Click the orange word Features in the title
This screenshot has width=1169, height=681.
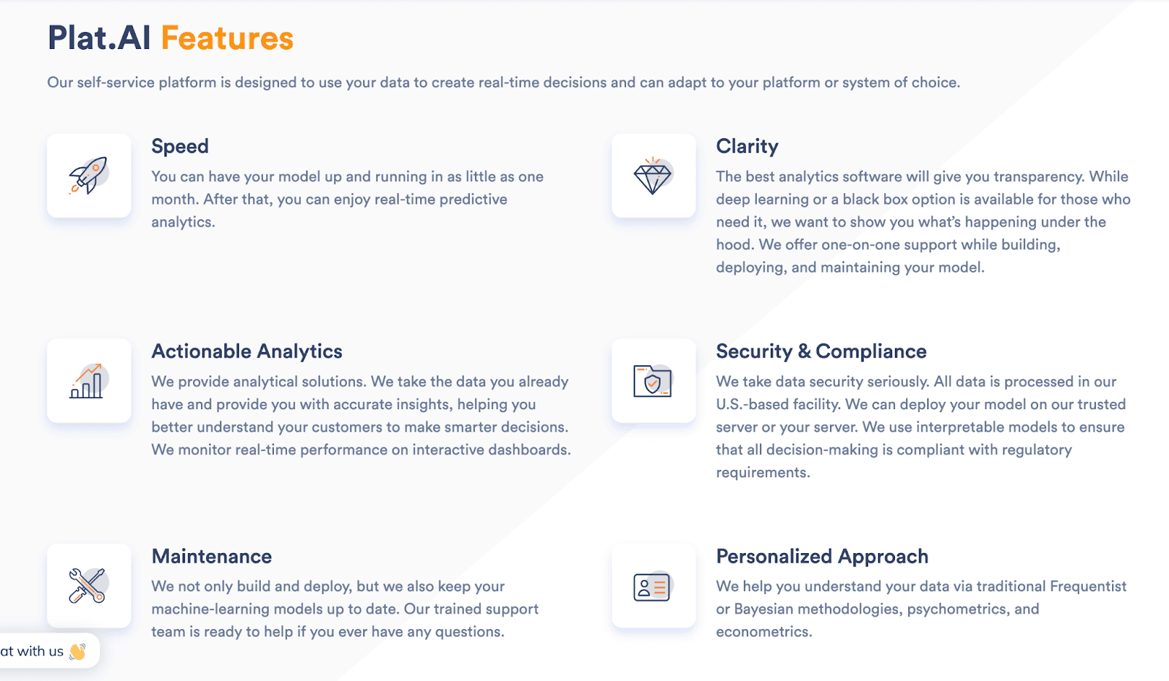point(227,39)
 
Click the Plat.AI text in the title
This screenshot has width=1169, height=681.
point(99,39)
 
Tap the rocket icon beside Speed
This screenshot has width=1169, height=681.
point(88,175)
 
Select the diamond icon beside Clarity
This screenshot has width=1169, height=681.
point(652,175)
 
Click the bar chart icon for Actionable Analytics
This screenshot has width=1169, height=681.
point(88,381)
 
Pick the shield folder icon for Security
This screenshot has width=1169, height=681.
point(652,381)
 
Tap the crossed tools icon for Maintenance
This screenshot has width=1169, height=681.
point(88,585)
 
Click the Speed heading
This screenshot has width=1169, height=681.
point(180,146)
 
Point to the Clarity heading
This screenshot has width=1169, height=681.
point(747,146)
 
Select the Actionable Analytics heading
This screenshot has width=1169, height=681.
point(247,351)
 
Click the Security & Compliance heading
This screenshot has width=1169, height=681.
point(821,351)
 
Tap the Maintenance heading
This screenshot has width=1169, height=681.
point(212,557)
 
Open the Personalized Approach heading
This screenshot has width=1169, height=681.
point(822,557)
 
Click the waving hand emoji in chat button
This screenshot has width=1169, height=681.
point(77,651)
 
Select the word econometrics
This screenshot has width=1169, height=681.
point(763,632)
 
